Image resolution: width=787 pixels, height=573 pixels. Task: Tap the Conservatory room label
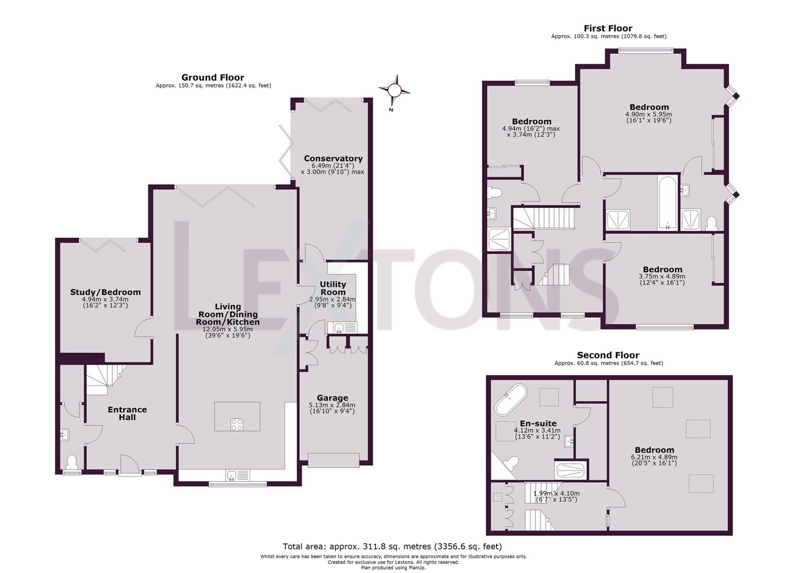[x=333, y=159]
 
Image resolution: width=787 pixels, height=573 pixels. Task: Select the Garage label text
[x=332, y=398]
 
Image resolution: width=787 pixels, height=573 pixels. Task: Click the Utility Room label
[x=333, y=288]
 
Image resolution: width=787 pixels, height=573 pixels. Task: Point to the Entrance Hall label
[x=127, y=413]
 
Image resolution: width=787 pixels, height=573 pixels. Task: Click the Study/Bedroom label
[x=105, y=292]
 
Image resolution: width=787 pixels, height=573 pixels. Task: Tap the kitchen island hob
[x=237, y=424]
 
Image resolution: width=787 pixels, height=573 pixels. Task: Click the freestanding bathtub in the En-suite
[x=511, y=399]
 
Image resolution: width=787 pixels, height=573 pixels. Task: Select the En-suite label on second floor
[x=538, y=423]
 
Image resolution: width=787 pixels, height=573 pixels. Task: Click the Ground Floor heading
[x=213, y=77]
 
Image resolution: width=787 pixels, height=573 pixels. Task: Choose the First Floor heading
[x=608, y=29]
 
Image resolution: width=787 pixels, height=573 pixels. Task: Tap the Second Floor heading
[x=608, y=355]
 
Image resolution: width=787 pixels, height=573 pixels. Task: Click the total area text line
[x=392, y=546]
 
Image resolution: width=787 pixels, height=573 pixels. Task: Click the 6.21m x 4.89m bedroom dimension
[x=654, y=457]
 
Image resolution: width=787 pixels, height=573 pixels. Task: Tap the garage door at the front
[x=333, y=460]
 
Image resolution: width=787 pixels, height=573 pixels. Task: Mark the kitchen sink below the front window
[x=232, y=475]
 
